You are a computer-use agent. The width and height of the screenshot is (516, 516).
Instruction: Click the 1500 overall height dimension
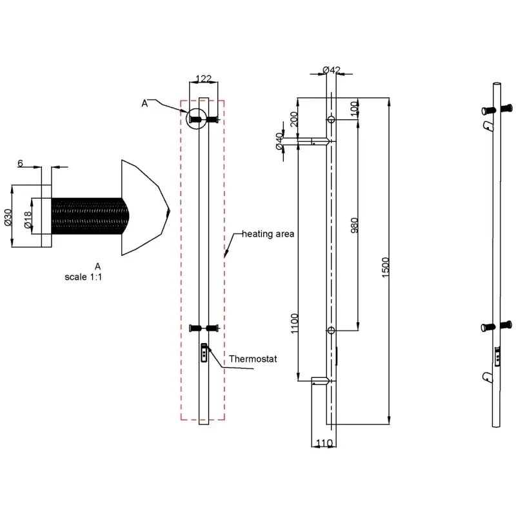tap(386, 267)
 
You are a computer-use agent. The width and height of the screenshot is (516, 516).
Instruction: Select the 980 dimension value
tap(354, 225)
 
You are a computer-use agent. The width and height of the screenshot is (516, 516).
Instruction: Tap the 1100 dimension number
tap(295, 323)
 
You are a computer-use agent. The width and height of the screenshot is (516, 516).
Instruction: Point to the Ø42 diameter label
tap(332, 70)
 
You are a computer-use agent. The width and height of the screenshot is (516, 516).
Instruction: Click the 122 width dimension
tap(203, 79)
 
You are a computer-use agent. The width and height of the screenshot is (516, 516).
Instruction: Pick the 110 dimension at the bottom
tap(324, 443)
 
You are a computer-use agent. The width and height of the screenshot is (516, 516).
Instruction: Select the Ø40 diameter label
tap(279, 141)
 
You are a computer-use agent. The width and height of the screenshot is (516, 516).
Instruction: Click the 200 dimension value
tap(294, 119)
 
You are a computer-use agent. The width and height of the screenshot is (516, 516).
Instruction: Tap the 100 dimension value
tap(354, 109)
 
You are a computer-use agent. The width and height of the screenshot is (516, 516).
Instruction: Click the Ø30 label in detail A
tap(8, 217)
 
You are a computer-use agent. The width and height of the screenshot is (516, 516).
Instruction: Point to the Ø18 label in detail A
tap(28, 220)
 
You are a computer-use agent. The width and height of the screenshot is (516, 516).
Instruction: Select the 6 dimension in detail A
tap(21, 163)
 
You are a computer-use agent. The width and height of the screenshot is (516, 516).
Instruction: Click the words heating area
tap(268, 234)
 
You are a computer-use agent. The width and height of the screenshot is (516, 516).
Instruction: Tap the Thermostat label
tap(253, 359)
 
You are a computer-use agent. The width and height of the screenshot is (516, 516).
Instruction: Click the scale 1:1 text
tap(83, 277)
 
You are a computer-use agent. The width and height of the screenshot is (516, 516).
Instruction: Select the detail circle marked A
tap(197, 109)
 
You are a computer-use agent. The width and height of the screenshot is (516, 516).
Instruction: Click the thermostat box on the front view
tap(204, 353)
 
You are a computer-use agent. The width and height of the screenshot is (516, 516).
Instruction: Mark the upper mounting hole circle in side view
tap(332, 119)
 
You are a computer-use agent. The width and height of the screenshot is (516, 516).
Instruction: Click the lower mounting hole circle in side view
tap(332, 330)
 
